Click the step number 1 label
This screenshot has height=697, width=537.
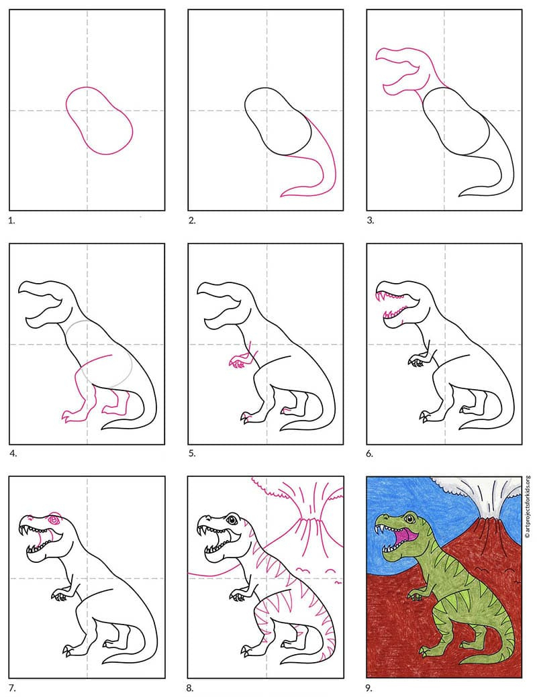(x=11, y=219)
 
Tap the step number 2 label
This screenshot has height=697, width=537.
(x=191, y=219)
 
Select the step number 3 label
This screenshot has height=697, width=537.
(x=370, y=219)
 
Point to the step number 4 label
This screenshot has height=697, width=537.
(x=12, y=453)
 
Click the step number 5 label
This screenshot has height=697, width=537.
(x=191, y=453)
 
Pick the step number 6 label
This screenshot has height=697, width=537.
(x=370, y=453)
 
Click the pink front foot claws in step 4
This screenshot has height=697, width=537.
(x=66, y=417)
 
